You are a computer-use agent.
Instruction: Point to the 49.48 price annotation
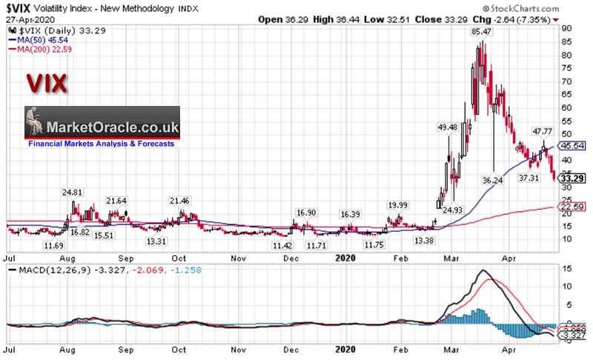point(447,127)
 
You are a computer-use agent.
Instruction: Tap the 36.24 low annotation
point(491,180)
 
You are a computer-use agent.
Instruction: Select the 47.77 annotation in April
point(543,131)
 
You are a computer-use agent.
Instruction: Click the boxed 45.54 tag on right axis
point(573,146)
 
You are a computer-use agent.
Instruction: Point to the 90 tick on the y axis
point(566,28)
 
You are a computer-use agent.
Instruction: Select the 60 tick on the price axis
point(566,107)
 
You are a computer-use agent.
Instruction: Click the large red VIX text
point(47,83)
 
